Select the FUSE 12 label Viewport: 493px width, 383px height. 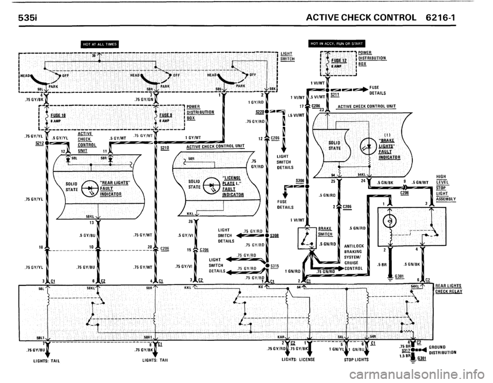[x=339, y=61]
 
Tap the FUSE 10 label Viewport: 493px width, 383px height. [x=58, y=116]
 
